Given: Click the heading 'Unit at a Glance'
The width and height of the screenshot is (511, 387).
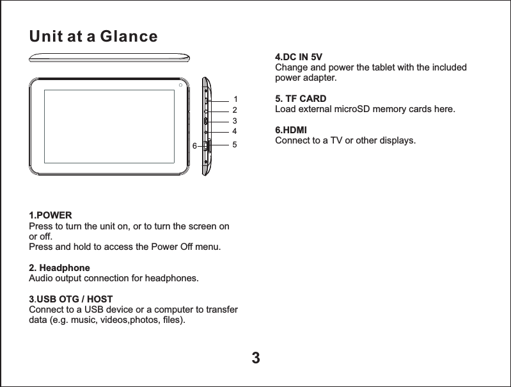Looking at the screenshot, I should (x=93, y=37).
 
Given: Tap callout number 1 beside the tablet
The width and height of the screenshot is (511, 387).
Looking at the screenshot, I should (x=235, y=99).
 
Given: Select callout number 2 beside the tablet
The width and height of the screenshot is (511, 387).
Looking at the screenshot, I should (x=235, y=110).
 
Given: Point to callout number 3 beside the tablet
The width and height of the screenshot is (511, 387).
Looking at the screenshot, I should (x=235, y=120).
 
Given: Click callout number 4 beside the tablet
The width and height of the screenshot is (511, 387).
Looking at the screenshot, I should (x=235, y=132).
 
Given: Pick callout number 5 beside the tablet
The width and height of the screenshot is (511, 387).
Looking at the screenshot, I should (x=235, y=145).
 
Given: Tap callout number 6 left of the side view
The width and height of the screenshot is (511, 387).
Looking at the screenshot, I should (x=194, y=146).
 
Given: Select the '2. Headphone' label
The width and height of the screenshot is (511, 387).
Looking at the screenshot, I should (x=59, y=267).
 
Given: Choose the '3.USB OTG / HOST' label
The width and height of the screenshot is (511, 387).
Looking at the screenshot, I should (x=71, y=299).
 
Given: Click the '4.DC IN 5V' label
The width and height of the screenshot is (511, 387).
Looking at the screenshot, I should (x=298, y=56).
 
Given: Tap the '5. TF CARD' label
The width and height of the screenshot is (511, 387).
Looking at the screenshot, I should (x=300, y=99).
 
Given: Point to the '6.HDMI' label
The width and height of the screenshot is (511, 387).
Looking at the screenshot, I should (x=290, y=130).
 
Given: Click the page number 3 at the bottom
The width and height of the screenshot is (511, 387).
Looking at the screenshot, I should (x=255, y=357).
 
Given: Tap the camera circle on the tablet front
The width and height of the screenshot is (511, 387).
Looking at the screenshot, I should (x=182, y=85).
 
